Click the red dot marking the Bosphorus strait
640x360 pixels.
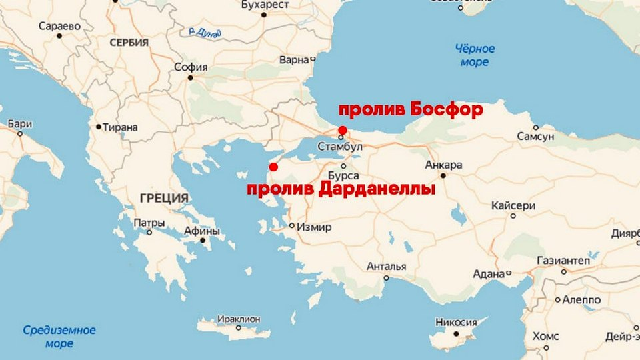point(342,129)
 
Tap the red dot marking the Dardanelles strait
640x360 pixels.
point(273,166)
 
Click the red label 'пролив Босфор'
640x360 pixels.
point(411,110)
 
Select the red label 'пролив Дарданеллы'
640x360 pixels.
point(341,189)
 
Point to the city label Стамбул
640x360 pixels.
point(340,146)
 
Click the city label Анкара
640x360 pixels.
point(443,165)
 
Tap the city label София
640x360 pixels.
point(191,67)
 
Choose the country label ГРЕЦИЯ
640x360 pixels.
point(164,198)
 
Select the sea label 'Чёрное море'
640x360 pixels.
point(475,55)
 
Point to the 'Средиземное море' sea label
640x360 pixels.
point(59,337)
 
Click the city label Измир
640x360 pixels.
point(314,227)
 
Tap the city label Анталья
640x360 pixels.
point(386,267)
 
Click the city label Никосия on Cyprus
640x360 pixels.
point(456,323)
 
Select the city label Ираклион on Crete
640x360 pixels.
point(238,319)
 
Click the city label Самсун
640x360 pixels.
point(535,136)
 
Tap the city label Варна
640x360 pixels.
point(294,60)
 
